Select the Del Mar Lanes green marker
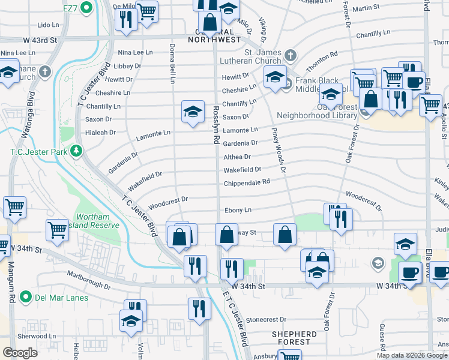tap(25, 297)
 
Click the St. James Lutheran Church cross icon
tap(290, 56)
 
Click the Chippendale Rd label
tap(246, 182)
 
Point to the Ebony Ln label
tap(237, 210)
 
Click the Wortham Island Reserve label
tap(97, 221)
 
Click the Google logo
tap(20, 353)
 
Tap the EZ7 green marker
tap(86, 8)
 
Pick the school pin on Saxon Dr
tap(192, 112)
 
